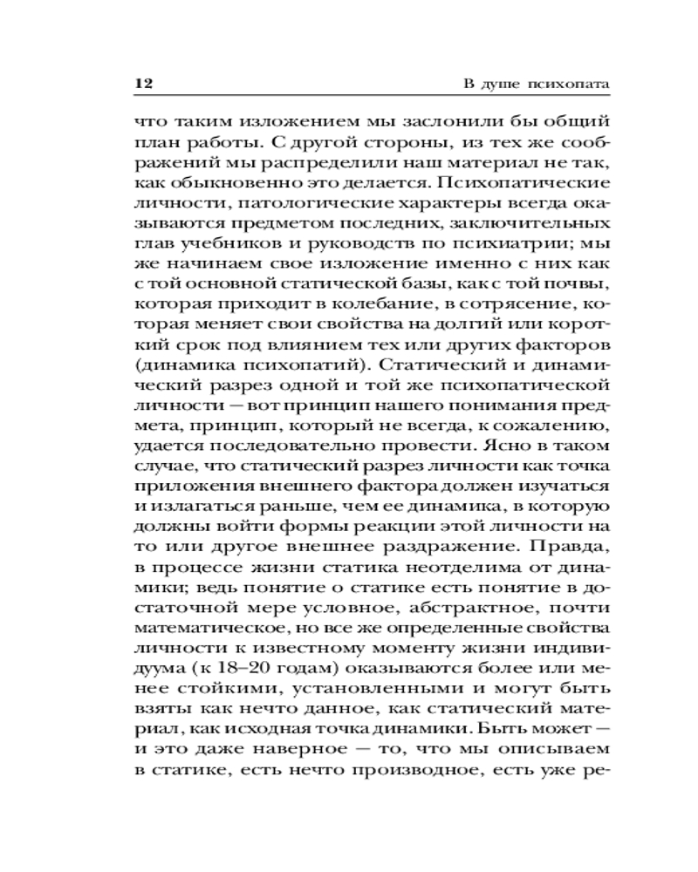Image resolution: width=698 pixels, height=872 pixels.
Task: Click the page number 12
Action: point(144,84)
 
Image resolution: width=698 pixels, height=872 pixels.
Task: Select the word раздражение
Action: point(438,542)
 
